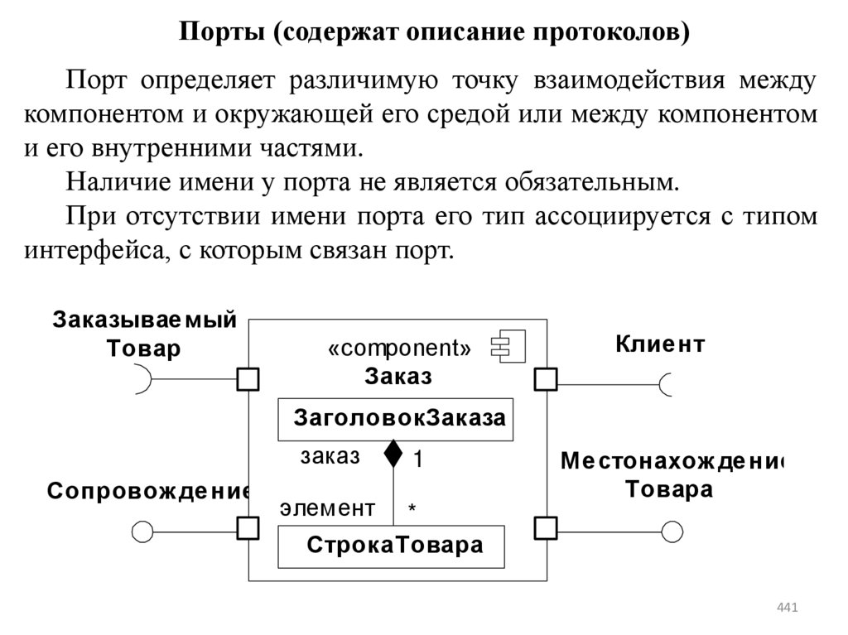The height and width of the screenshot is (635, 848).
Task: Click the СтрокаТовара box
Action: click(x=392, y=546)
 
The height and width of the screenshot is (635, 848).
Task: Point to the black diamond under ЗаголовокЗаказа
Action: click(x=393, y=453)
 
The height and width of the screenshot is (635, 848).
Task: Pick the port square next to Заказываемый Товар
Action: click(x=248, y=379)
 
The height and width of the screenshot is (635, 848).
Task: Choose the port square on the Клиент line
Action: click(x=545, y=379)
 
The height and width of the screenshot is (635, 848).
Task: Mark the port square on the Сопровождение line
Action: click(x=248, y=527)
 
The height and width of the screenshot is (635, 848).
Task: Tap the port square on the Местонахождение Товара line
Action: click(x=545, y=527)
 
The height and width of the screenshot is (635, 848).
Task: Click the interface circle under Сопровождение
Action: click(x=143, y=531)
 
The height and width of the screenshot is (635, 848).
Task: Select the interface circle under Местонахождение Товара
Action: click(x=672, y=531)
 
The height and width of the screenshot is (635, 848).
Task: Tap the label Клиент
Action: click(x=659, y=344)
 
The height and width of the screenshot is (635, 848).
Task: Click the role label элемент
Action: click(x=327, y=508)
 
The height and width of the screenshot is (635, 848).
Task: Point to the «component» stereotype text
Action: click(x=399, y=349)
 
